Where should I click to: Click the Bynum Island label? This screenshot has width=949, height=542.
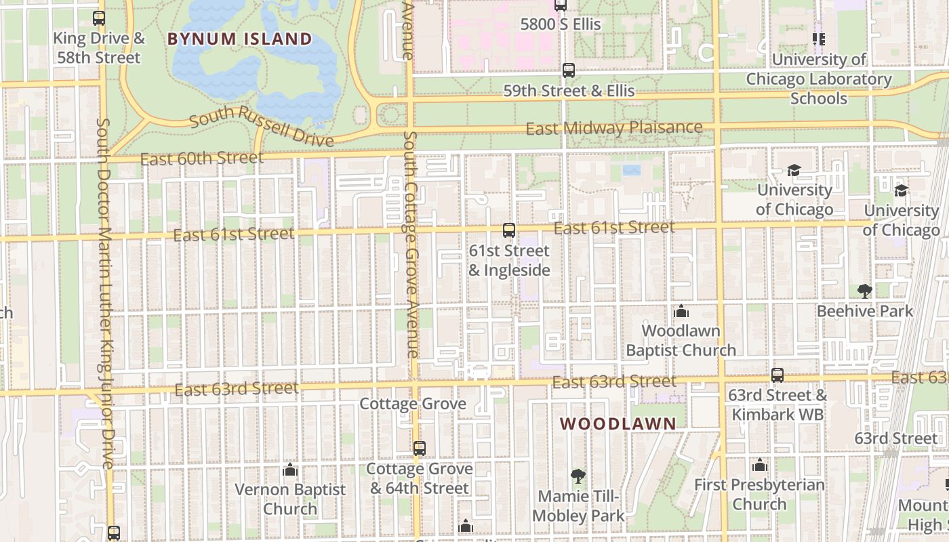point(239,39)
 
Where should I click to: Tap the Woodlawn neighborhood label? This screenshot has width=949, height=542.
point(618,424)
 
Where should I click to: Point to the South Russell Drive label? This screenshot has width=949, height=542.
point(262,129)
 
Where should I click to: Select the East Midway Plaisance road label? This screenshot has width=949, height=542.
point(613,127)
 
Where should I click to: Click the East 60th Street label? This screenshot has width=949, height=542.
point(201,159)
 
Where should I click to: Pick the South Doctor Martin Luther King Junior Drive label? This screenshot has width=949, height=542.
point(104,293)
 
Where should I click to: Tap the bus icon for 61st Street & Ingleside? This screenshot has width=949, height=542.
point(509,230)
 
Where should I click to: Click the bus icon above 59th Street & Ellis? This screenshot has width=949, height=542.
point(569,70)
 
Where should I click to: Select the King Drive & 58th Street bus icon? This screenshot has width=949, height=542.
point(99,18)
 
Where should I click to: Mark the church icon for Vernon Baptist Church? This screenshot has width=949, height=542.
point(290,470)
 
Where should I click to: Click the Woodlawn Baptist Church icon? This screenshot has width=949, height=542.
point(681,311)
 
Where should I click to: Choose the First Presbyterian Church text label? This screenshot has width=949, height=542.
point(759,495)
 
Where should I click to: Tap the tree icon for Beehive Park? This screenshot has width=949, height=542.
point(864,291)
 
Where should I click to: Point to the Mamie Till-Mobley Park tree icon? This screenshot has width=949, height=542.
point(578,476)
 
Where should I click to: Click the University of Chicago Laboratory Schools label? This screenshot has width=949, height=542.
point(819,79)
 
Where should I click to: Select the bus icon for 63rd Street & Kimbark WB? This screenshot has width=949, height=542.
point(778,375)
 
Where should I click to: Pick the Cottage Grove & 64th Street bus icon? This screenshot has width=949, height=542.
point(420,449)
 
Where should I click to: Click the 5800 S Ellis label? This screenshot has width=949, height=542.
point(561,24)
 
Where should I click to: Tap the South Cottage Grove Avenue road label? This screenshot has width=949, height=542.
point(411,244)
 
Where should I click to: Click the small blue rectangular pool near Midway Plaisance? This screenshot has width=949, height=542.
point(632,170)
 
